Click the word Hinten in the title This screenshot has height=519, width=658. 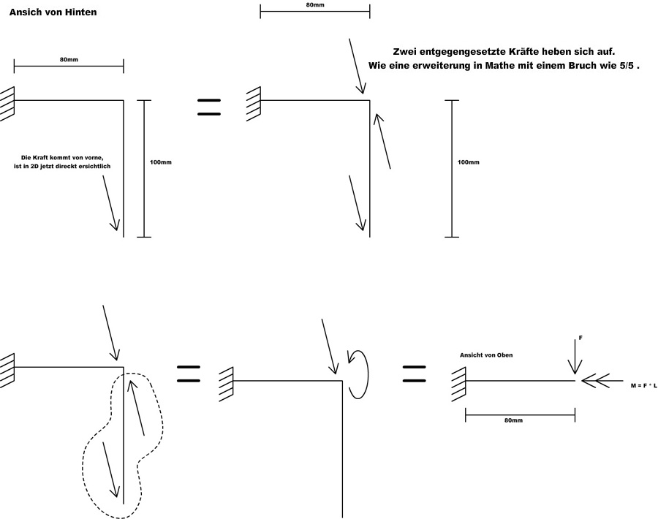(x=78, y=12)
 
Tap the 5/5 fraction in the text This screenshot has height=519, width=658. (x=628, y=66)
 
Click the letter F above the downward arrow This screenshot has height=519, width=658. (x=581, y=338)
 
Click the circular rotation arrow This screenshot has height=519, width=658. (x=358, y=374)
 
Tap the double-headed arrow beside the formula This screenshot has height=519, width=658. (x=596, y=381)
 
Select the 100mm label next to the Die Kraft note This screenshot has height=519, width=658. (x=160, y=162)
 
